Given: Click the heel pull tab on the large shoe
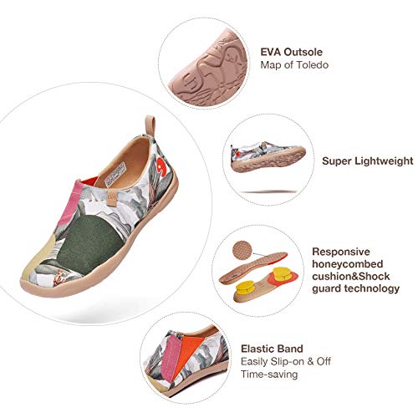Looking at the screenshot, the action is coord(150,125).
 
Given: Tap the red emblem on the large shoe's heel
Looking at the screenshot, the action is coord(162,166).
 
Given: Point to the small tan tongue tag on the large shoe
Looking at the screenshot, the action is coord(112,198).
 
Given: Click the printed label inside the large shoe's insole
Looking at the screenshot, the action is coord(115,174).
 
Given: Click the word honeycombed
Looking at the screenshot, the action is coord(348,264).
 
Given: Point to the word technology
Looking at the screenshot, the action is coord(372,288).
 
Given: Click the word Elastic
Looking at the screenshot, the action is coord(257,349).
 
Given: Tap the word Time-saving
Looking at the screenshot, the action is coord(269,374).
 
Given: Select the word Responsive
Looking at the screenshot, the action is coord(341,252).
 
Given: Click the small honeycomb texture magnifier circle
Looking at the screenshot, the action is coord(242,250).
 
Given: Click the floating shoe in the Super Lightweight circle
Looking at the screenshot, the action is coord(268,157).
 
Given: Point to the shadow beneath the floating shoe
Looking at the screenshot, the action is coord(268,191).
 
